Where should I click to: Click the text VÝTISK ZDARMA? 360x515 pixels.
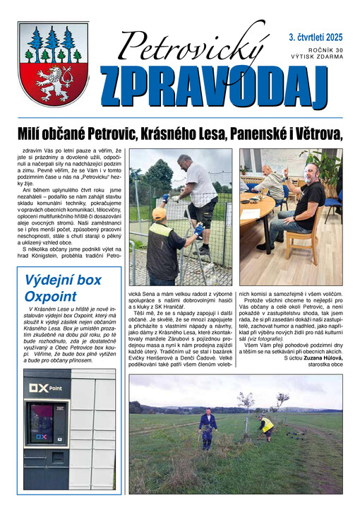coord(316,57)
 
